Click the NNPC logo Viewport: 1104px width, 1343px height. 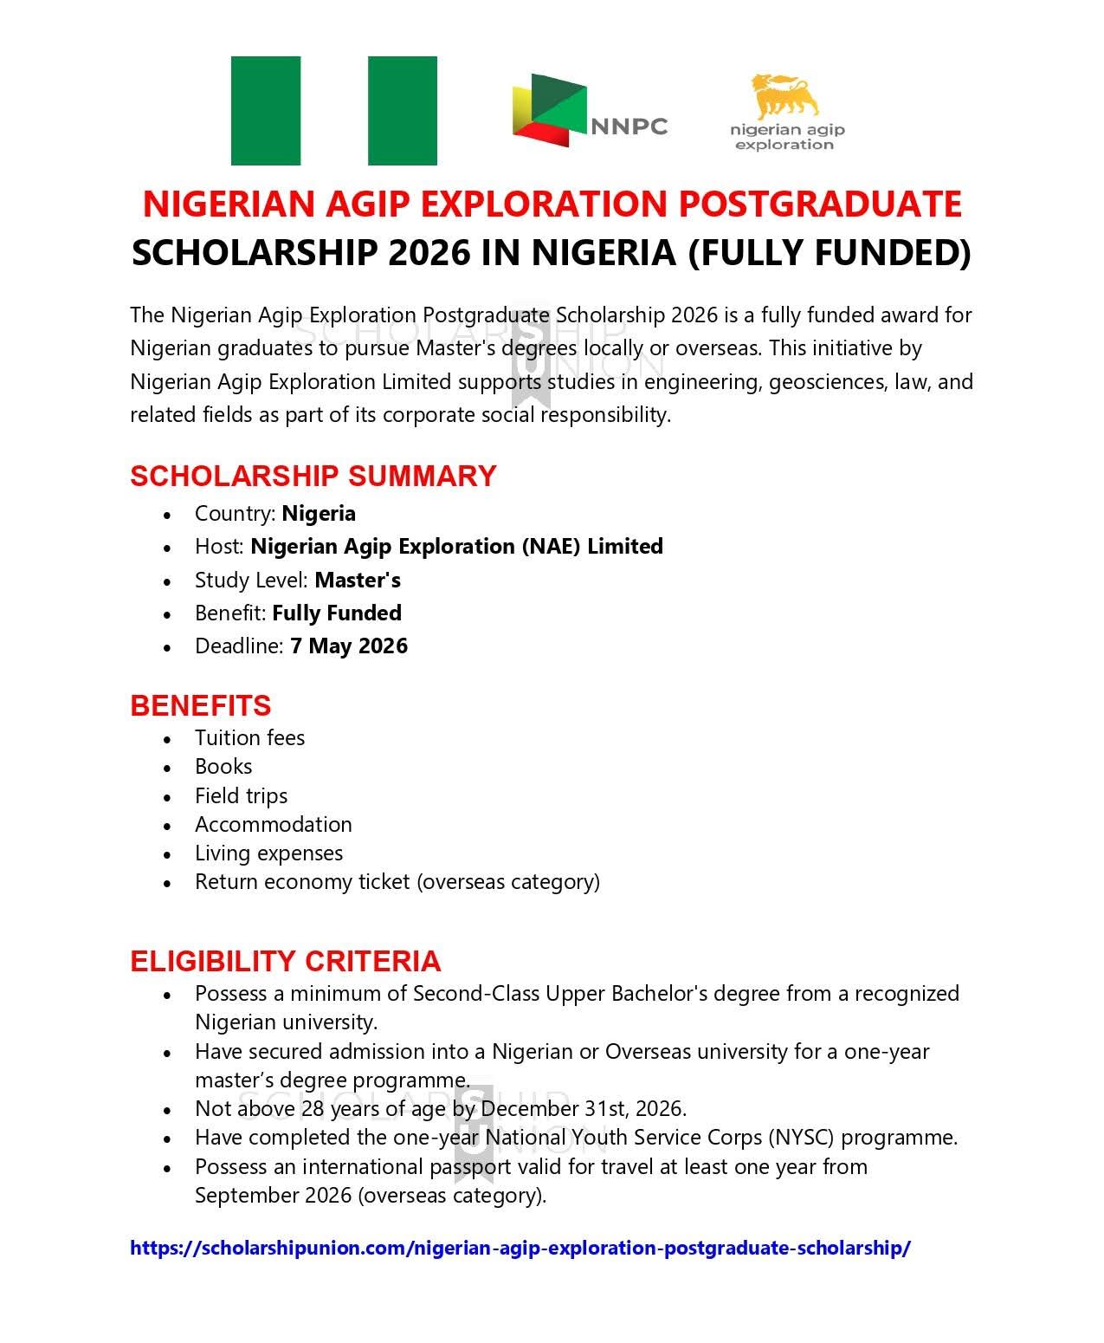coord(589,111)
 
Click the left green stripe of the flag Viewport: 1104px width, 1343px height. coord(265,111)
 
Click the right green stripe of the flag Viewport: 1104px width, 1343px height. coord(402,111)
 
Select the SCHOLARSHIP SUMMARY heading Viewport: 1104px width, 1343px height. coord(313,476)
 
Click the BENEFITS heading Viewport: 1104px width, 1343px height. coord(200,705)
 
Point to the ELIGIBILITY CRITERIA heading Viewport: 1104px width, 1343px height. coord(285,961)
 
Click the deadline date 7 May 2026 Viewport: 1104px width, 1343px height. coord(348,646)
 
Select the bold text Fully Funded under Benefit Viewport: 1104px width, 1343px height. coord(336,613)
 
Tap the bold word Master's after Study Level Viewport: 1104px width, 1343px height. coord(357,581)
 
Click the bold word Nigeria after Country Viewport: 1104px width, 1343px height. coord(318,514)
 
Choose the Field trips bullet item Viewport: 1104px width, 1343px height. coord(241,795)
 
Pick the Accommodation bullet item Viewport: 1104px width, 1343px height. coord(273,824)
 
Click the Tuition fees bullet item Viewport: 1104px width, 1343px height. coord(249,738)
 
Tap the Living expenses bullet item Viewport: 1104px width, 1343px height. coord(268,853)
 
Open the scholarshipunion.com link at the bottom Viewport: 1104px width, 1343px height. coord(520,1248)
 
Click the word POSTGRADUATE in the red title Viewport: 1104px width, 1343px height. coord(819,204)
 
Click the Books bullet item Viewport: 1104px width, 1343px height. coord(223,767)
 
